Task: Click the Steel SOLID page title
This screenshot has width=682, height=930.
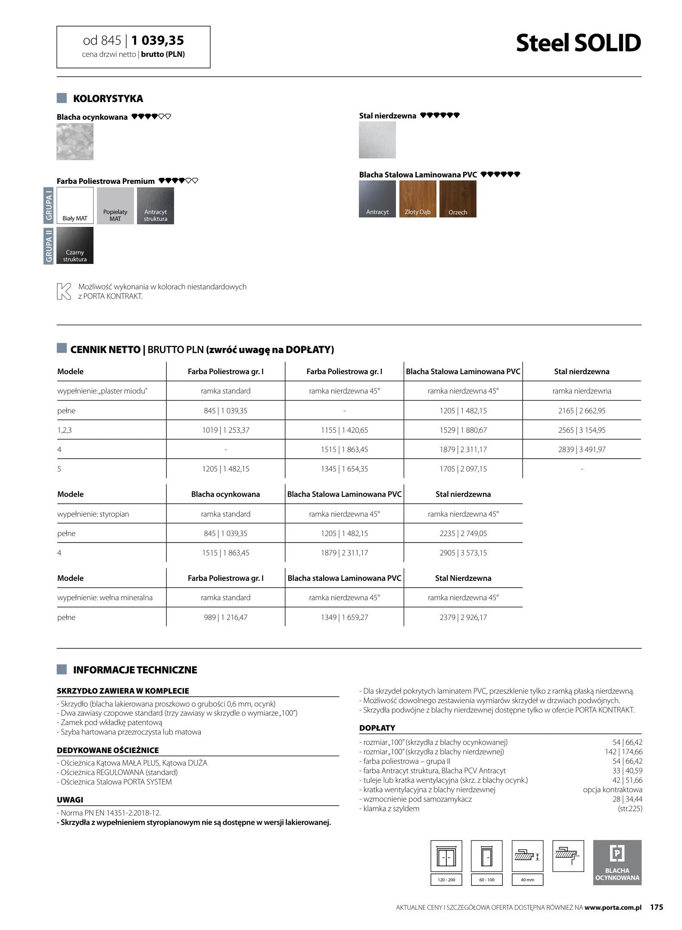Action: pos(578,43)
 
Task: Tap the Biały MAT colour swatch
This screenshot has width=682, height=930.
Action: pos(75,205)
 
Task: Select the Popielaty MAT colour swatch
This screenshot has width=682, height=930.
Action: pos(115,205)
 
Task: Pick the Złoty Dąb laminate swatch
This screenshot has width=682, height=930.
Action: pos(417,198)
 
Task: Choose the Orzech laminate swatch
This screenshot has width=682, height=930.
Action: pos(458,198)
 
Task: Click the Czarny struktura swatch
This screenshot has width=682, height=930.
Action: pos(75,245)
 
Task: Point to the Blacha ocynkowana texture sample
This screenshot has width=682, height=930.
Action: pos(75,142)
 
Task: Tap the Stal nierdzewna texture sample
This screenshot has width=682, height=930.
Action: pos(377,140)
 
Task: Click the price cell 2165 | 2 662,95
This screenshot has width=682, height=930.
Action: pos(582,411)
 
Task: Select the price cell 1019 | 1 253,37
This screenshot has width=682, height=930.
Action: pos(226,430)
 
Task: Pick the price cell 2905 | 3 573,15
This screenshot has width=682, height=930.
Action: pos(463,553)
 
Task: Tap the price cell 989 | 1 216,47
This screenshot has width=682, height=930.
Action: pos(226,617)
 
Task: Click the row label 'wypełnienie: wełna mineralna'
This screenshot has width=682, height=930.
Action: pos(105,598)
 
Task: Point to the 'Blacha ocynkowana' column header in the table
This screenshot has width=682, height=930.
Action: pos(226,494)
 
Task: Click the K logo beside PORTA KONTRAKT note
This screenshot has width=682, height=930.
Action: pos(64,291)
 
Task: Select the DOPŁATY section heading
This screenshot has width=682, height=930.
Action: pos(377,728)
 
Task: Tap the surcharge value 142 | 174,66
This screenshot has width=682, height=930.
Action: pos(623,752)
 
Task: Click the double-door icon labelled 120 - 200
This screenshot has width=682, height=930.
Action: pos(446,856)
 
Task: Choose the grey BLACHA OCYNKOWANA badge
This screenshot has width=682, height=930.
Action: pos(617,862)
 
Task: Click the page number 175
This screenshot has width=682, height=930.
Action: pos(657,907)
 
